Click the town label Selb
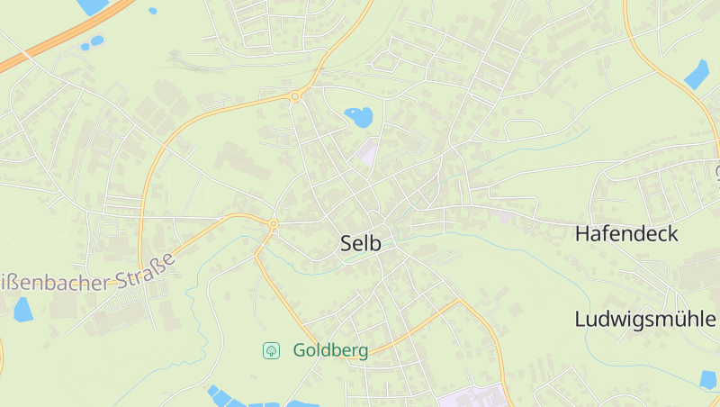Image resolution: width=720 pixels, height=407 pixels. pyautogui.click(x=361, y=243)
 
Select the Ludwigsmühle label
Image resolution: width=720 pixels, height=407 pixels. pyautogui.click(x=645, y=320)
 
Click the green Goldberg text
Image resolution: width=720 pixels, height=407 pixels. pyautogui.click(x=330, y=351)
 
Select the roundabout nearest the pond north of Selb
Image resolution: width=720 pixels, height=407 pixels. pyautogui.click(x=294, y=96)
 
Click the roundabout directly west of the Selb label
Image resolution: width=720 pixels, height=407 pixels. pyautogui.click(x=273, y=224)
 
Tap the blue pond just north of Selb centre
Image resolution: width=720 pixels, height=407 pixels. pyautogui.click(x=358, y=117)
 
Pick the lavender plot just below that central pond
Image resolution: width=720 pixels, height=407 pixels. pyautogui.click(x=367, y=152)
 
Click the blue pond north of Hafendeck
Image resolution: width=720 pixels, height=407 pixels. pyautogui.click(x=697, y=74)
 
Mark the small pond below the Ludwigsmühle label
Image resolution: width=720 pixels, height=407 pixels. pyautogui.click(x=708, y=380)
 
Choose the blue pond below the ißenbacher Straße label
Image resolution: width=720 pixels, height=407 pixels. pyautogui.click(x=23, y=309)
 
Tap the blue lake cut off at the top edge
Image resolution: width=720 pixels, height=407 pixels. pyautogui.click(x=93, y=6)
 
